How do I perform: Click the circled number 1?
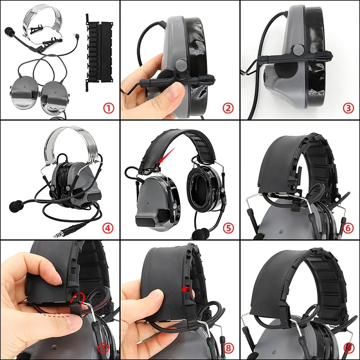pyautogui.click(x=108, y=108)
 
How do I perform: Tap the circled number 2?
pyautogui.click(x=228, y=108)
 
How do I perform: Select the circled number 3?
pyautogui.click(x=348, y=108)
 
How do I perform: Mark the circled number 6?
pyautogui.click(x=348, y=228)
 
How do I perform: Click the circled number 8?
pyautogui.click(x=228, y=348)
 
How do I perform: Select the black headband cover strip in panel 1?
pyautogui.click(x=99, y=52)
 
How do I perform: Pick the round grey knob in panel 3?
pyautogui.click(x=297, y=50)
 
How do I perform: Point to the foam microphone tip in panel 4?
pyautogui.click(x=15, y=205)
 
